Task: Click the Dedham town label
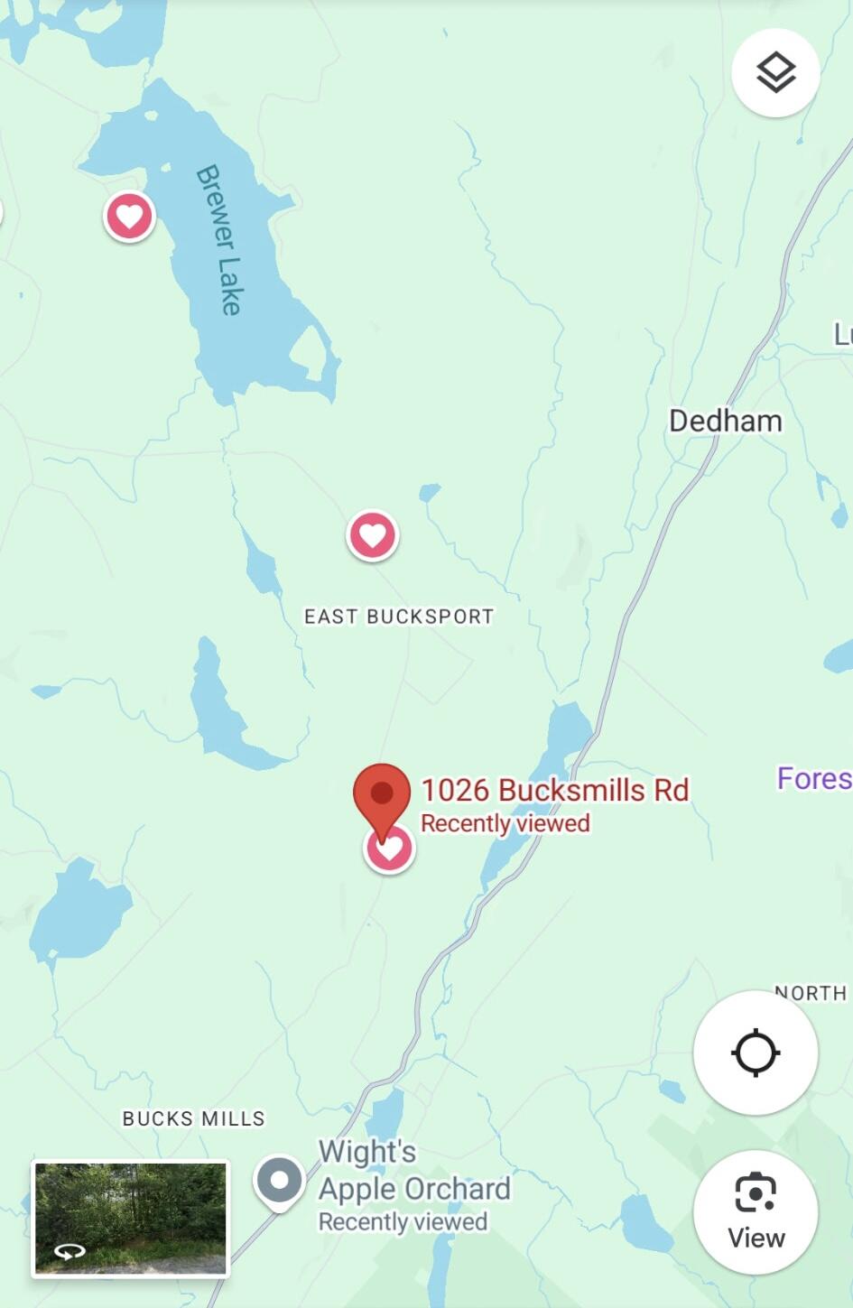click(725, 421)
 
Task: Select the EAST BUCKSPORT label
click(399, 617)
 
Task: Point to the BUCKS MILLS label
click(193, 1118)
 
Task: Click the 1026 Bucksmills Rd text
click(554, 790)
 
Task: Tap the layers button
click(775, 73)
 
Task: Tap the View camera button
click(756, 1211)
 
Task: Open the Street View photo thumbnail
click(131, 1218)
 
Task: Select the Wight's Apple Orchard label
click(413, 1171)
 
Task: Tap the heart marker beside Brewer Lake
click(129, 217)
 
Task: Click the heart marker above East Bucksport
click(373, 536)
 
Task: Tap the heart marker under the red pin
click(390, 849)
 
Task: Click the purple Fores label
click(813, 778)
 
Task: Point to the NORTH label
click(811, 993)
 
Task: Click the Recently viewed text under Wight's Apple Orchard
click(403, 1221)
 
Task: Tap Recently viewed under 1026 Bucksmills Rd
click(505, 823)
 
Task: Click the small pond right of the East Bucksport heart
click(430, 493)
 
